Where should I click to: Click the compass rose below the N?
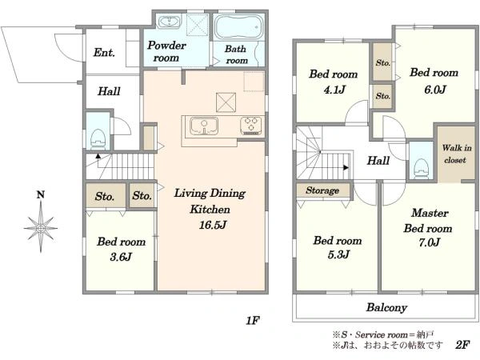tap(41, 228)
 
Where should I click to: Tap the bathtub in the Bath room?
tap(238, 27)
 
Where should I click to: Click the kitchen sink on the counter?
tap(203, 126)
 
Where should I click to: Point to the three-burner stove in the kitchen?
tap(251, 126)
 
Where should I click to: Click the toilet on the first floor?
tap(98, 139)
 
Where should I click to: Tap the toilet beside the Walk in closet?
tap(422, 168)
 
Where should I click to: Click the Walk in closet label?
tap(456, 154)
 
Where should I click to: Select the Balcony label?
tap(386, 307)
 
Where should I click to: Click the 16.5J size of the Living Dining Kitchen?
tap(213, 225)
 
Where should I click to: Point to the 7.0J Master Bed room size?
tap(429, 242)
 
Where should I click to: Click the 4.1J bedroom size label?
tap(334, 90)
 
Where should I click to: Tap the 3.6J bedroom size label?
tap(121, 257)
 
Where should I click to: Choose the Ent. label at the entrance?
tap(104, 52)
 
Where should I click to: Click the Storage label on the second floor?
tap(322, 190)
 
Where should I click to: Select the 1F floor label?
tap(253, 321)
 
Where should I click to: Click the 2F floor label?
tap(462, 345)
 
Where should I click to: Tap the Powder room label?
tap(166, 51)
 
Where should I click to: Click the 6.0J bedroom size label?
tap(434, 90)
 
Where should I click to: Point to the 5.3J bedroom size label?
tap(338, 254)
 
